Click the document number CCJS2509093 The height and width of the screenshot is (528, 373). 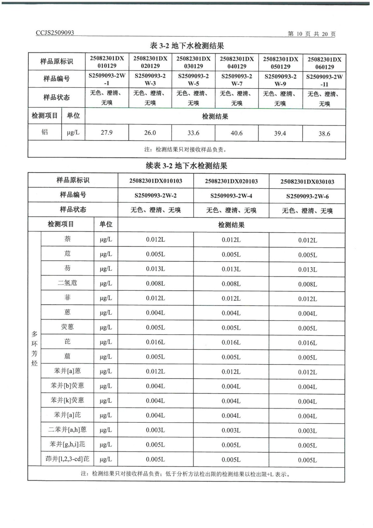click(55, 33)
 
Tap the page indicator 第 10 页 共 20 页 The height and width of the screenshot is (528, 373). click(311, 34)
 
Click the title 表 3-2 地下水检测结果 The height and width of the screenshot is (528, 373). click(187, 46)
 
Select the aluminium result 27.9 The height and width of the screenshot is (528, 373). click(106, 132)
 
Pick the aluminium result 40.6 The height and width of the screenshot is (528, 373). click(236, 133)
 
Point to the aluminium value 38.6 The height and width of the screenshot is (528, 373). click(324, 134)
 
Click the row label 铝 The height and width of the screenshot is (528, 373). click(44, 132)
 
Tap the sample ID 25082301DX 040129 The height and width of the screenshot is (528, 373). click(237, 62)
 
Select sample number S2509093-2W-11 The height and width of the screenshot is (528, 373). click(324, 80)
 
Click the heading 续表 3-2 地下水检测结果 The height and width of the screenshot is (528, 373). click(186, 165)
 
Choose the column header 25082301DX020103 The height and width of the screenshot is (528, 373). click(231, 181)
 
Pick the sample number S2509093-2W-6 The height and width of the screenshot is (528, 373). click(307, 196)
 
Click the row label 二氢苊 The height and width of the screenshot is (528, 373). click(67, 283)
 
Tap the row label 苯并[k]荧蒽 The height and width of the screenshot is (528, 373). click(67, 400)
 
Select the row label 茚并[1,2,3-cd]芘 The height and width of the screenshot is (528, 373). click(67, 459)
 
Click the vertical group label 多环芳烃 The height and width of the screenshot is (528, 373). click(34, 348)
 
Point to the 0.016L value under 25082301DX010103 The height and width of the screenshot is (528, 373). click(155, 342)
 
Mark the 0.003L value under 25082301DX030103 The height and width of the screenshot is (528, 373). click(307, 431)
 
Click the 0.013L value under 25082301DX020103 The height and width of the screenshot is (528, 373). click(231, 269)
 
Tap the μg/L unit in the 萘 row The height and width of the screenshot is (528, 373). click(106, 239)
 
